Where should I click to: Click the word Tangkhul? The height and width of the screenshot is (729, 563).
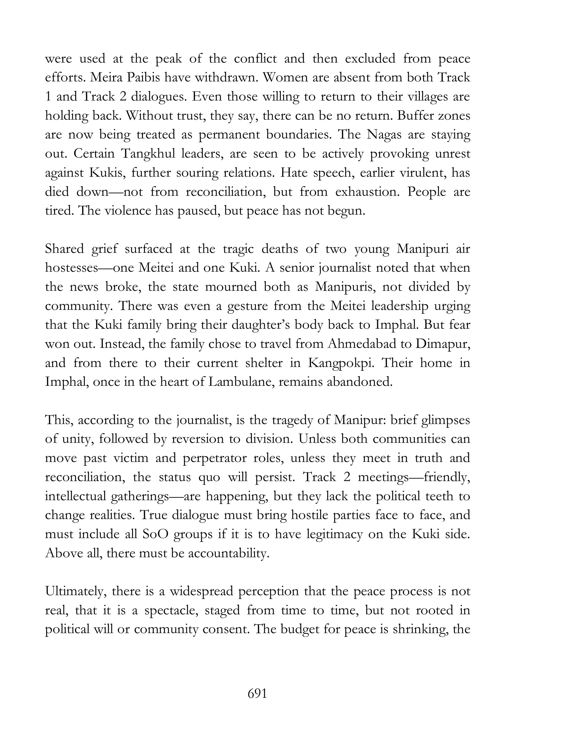[x=148, y=154]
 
